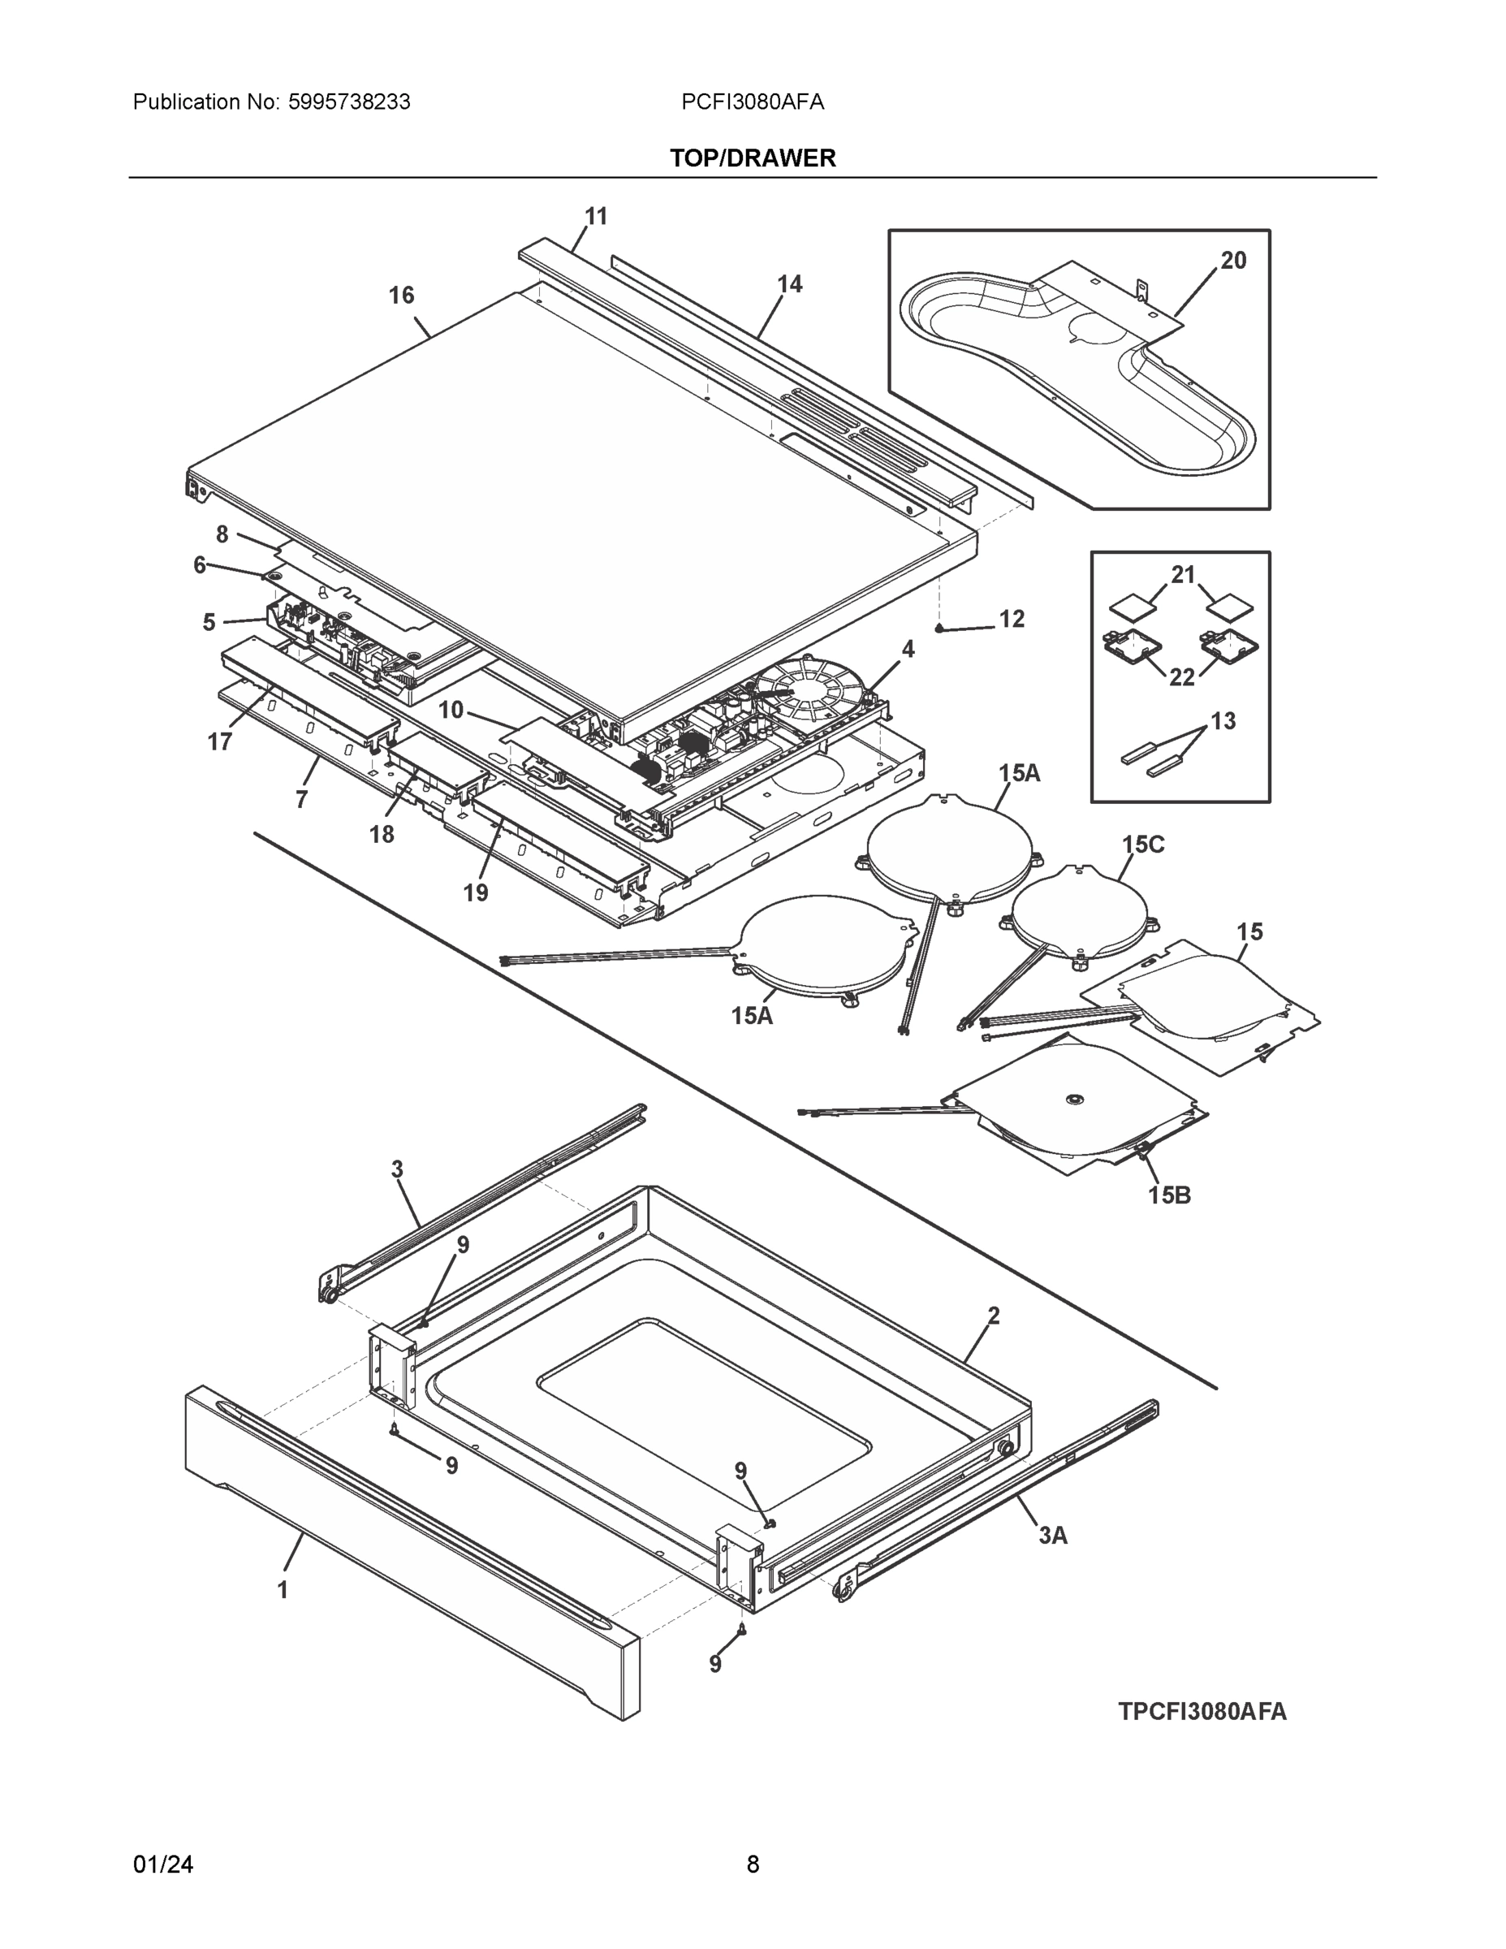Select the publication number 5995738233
pyautogui.click(x=349, y=102)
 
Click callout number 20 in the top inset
pyautogui.click(x=1233, y=261)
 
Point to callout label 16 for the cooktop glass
pyautogui.click(x=402, y=296)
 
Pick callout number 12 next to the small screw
pyautogui.click(x=1011, y=619)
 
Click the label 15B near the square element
pyautogui.click(x=1169, y=1195)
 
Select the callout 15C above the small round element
pyautogui.click(x=1143, y=845)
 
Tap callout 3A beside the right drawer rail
pyautogui.click(x=1053, y=1535)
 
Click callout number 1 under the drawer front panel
pyautogui.click(x=283, y=1589)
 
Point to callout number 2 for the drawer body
pyautogui.click(x=993, y=1316)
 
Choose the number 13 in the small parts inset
pyautogui.click(x=1223, y=721)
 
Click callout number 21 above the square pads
pyautogui.click(x=1183, y=576)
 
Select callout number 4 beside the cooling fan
pyautogui.click(x=908, y=649)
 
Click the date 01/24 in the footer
pyautogui.click(x=163, y=1865)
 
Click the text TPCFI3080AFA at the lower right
pyautogui.click(x=1202, y=1712)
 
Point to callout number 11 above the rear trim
pyautogui.click(x=596, y=216)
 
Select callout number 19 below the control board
pyautogui.click(x=476, y=892)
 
